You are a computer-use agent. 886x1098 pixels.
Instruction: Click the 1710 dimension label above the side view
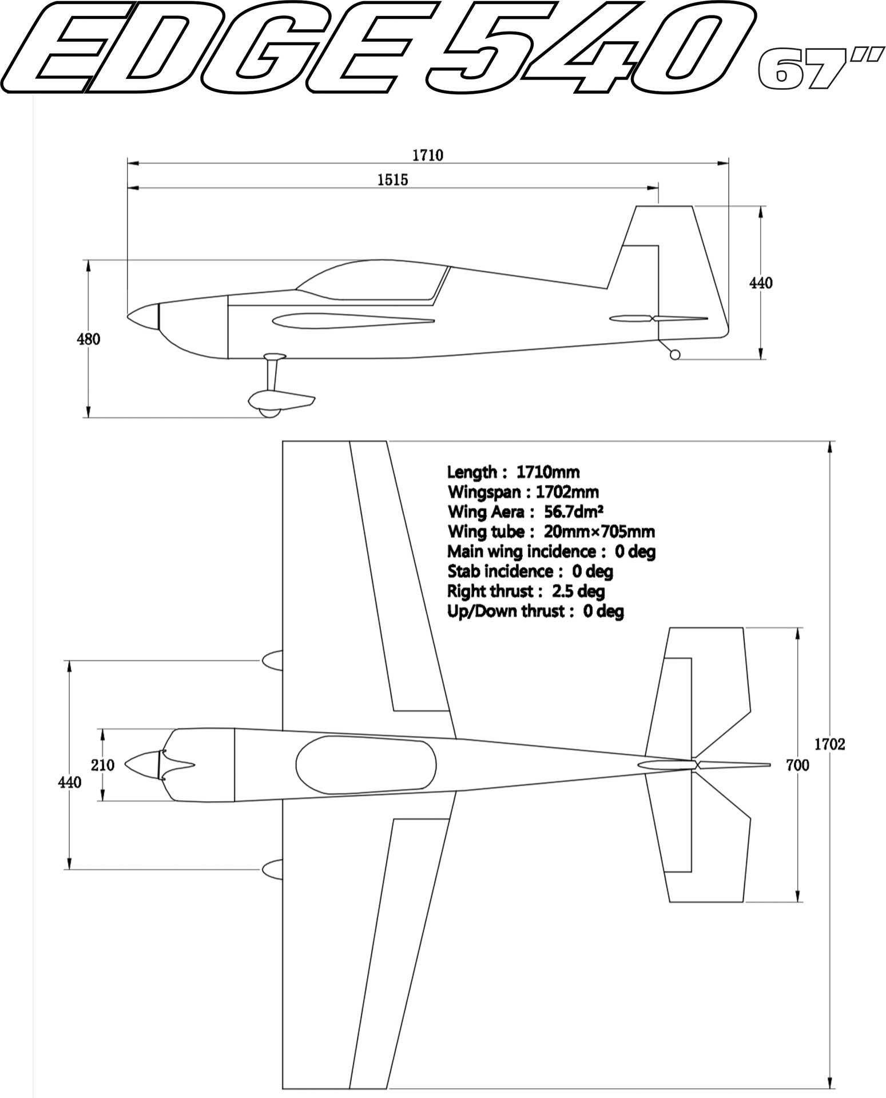click(x=427, y=155)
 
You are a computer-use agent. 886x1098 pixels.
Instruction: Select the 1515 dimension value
click(x=393, y=180)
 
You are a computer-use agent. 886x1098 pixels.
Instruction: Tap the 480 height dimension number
click(x=89, y=339)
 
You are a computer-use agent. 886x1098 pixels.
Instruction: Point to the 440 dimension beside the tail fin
click(x=761, y=283)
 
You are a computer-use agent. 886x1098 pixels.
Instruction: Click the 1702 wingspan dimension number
click(x=829, y=744)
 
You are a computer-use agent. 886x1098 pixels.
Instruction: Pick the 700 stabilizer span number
click(x=797, y=765)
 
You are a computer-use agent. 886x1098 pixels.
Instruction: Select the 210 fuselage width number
click(x=103, y=765)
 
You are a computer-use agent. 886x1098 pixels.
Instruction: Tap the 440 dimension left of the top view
click(x=70, y=782)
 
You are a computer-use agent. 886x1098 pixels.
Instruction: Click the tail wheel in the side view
click(x=675, y=355)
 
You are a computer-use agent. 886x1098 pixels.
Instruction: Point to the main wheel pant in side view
click(x=281, y=403)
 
